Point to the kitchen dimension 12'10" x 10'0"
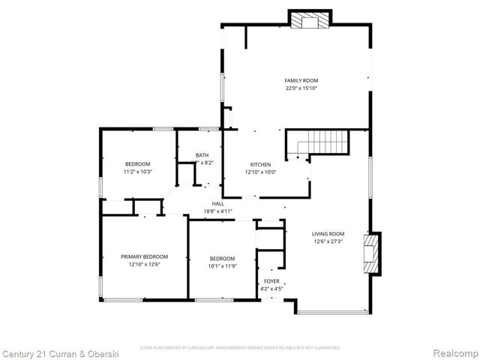click(260, 172)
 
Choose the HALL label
click(218, 203)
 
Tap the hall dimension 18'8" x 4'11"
click(218, 211)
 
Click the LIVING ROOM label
click(328, 233)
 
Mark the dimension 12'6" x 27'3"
click(328, 241)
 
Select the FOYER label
click(270, 281)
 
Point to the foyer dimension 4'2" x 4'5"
click(270, 289)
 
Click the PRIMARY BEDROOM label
click(145, 256)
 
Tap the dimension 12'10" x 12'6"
click(145, 264)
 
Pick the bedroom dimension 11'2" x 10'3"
click(138, 172)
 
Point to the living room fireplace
click(370, 256)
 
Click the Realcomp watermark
click(453, 352)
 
